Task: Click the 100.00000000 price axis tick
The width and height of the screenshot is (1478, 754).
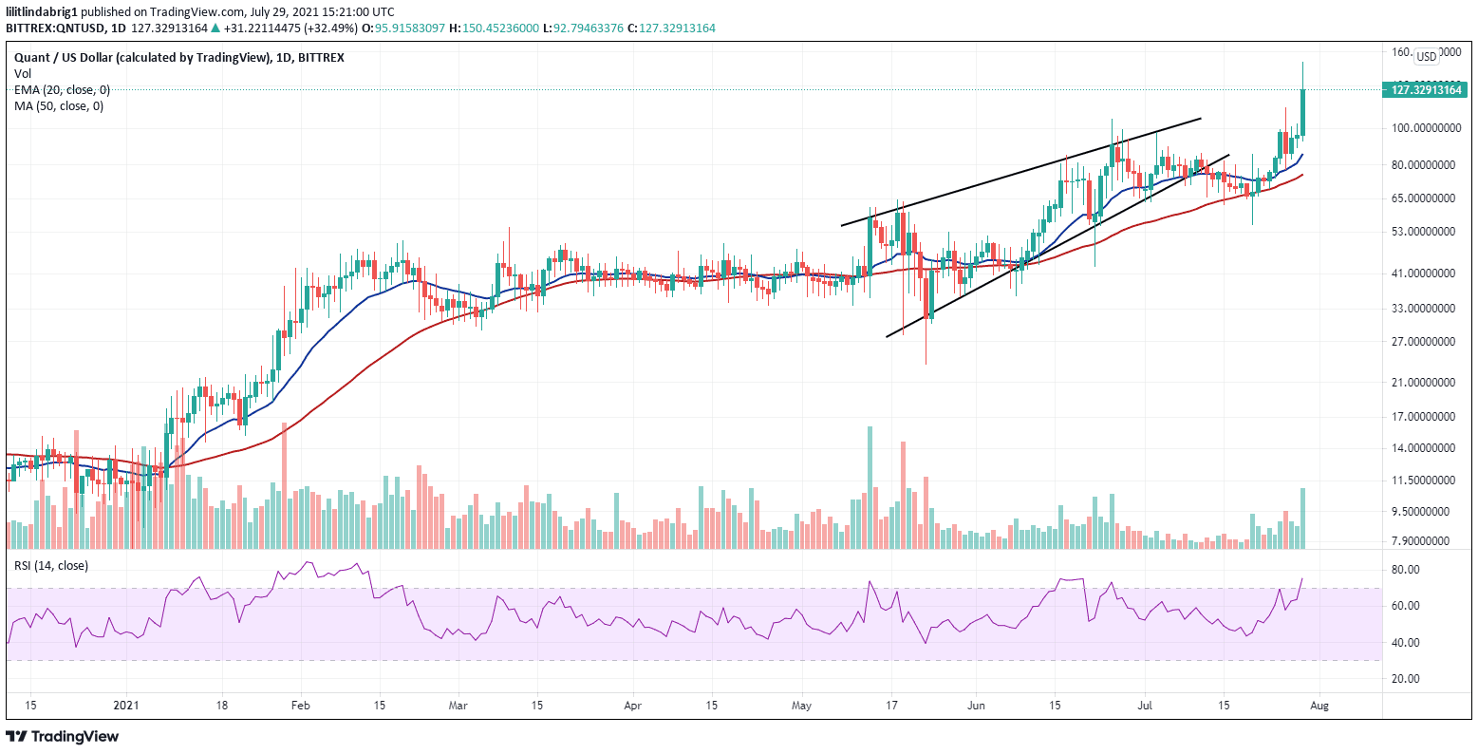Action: click(1423, 128)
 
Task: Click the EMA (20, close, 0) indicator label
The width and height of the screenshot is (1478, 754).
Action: click(62, 89)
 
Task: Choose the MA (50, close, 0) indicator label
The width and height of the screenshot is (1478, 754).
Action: click(59, 105)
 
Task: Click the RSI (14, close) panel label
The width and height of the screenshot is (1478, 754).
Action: click(50, 566)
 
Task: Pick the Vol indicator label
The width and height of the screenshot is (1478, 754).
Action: click(22, 73)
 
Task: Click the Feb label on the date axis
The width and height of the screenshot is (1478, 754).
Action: click(300, 706)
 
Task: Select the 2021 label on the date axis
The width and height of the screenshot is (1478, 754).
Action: click(126, 706)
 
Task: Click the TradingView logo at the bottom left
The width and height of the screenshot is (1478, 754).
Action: click(63, 736)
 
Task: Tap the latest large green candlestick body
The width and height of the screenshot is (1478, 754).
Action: click(1303, 112)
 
